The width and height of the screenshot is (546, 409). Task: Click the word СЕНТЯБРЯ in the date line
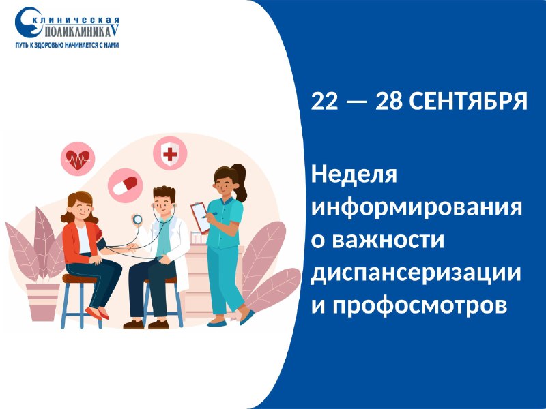[x=468, y=102]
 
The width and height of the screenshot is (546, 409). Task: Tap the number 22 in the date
[x=325, y=102]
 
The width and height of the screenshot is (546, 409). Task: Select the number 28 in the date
[x=389, y=102]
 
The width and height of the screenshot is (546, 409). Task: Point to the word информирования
[x=416, y=208]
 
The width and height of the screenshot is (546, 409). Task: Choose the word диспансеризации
[x=416, y=273]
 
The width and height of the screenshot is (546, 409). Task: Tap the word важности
[x=388, y=240]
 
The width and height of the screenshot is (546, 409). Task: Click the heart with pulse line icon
[x=78, y=159]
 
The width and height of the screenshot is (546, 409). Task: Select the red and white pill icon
[x=125, y=185]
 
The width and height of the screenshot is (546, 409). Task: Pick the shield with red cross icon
[x=170, y=153]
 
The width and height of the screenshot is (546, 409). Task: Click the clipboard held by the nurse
[x=201, y=217]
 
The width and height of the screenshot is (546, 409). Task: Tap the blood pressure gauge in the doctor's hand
[x=138, y=219]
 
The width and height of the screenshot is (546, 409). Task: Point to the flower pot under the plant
[x=43, y=302]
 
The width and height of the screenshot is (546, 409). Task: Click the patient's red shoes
[x=98, y=314]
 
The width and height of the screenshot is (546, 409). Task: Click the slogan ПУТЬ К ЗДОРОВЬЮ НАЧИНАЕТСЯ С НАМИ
[x=67, y=45]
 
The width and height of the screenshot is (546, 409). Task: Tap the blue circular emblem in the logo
[x=29, y=22]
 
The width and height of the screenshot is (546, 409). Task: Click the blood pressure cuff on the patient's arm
[x=100, y=241]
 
